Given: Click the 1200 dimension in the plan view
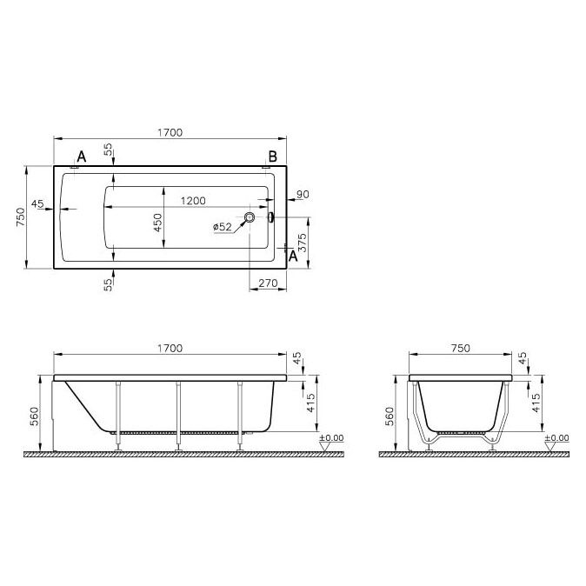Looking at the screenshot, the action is point(193,201).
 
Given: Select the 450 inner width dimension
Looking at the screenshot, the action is point(158,223).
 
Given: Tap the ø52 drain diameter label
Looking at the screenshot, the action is point(223,227).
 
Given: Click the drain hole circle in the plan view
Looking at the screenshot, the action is point(250,216).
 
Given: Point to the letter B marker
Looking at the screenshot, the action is point(273,156).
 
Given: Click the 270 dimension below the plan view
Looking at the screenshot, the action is point(268,283).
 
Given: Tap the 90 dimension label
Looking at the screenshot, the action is point(303,195).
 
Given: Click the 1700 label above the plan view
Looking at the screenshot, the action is point(170,133).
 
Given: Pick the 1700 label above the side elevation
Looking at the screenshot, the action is point(170,349).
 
